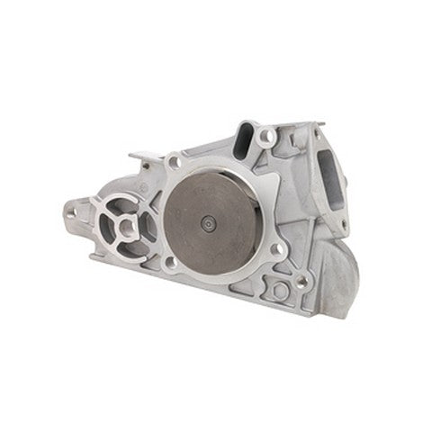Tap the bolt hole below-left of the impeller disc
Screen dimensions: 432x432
169,261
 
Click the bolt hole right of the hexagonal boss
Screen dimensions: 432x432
302,281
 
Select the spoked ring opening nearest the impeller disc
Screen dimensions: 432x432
147,225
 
